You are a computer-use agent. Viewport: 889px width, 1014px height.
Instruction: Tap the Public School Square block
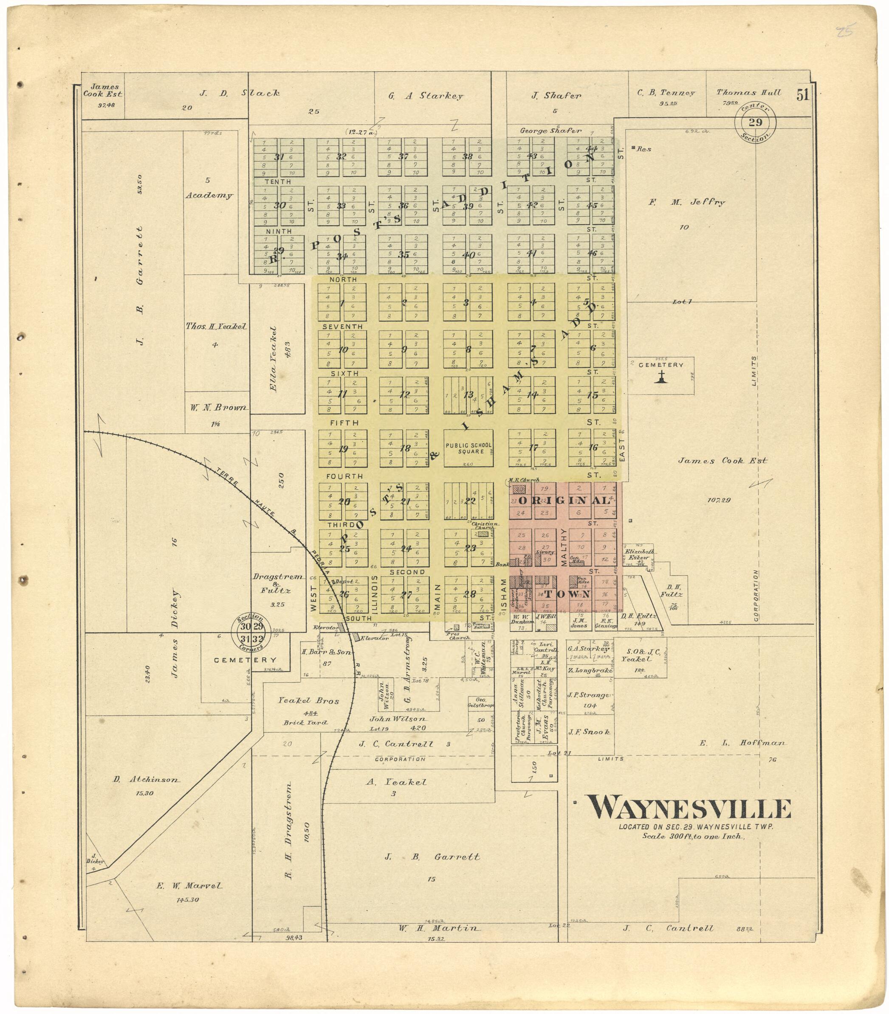468,448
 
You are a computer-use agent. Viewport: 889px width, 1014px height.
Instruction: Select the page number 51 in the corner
803,94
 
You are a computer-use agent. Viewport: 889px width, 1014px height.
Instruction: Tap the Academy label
209,195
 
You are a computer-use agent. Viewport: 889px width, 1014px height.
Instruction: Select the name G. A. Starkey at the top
425,96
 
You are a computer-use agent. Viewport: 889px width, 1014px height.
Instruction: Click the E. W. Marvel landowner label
183,886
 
